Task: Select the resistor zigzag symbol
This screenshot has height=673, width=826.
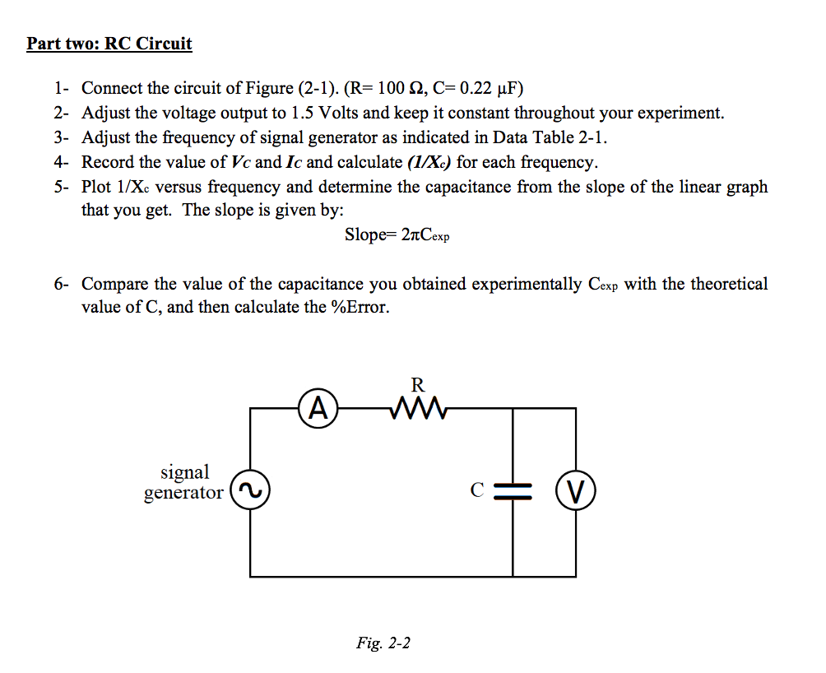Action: tap(420, 407)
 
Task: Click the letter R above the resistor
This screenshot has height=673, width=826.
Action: tap(418, 383)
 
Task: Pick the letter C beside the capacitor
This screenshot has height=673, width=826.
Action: tap(476, 491)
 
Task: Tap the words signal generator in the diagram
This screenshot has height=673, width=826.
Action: tap(184, 482)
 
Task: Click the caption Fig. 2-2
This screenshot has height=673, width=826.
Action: tap(383, 643)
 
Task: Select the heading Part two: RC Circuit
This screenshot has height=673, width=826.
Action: tap(109, 44)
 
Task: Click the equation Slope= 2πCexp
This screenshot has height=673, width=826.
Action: tap(397, 234)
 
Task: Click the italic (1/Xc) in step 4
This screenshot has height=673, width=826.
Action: tap(425, 162)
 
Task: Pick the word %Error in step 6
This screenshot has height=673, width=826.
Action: tap(358, 309)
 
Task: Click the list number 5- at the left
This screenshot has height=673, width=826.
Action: tap(63, 187)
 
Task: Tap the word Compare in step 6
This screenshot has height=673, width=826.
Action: tap(114, 284)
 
